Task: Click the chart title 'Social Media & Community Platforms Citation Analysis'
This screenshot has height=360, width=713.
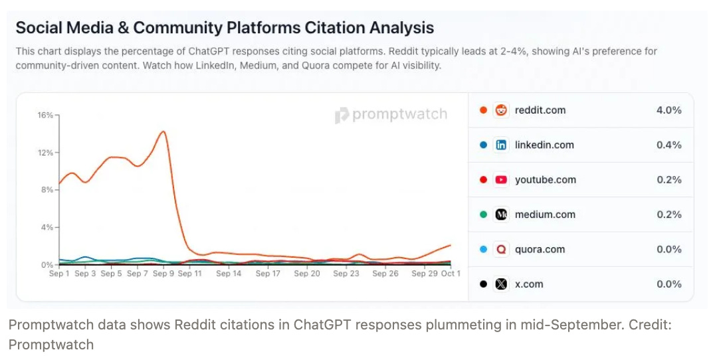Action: tap(225, 28)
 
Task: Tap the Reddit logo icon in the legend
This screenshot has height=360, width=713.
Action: tap(501, 110)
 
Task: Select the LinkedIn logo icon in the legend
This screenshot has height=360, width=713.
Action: tap(501, 145)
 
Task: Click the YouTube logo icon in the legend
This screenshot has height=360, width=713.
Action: tap(501, 179)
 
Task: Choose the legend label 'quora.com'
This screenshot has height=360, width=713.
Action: tap(540, 249)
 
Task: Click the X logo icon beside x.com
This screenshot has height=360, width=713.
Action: tap(501, 284)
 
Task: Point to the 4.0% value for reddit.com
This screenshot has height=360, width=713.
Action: tap(668, 110)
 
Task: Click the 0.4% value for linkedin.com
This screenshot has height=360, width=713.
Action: tap(668, 145)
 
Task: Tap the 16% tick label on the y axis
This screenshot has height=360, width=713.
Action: tap(45, 116)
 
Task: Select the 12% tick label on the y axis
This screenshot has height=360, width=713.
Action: tap(45, 153)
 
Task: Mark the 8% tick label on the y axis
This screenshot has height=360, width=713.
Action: tap(47, 190)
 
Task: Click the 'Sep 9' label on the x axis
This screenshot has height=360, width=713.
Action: tap(162, 274)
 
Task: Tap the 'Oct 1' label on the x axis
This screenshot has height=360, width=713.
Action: tap(451, 274)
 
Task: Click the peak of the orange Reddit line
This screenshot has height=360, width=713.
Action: tap(163, 131)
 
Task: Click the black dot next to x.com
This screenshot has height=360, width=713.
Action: tap(483, 284)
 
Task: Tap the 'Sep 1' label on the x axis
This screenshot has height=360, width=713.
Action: tap(60, 274)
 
